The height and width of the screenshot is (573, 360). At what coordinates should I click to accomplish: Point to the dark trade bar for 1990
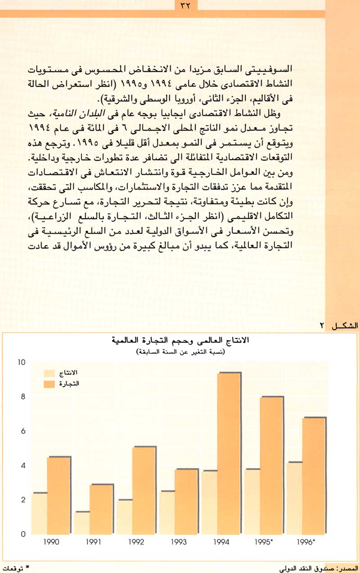click(59, 495)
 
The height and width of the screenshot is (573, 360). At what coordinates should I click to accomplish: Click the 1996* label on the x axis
click(307, 543)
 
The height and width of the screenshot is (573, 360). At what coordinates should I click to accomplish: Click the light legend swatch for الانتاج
click(49, 373)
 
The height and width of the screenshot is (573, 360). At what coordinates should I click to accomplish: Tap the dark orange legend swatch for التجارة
click(49, 383)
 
